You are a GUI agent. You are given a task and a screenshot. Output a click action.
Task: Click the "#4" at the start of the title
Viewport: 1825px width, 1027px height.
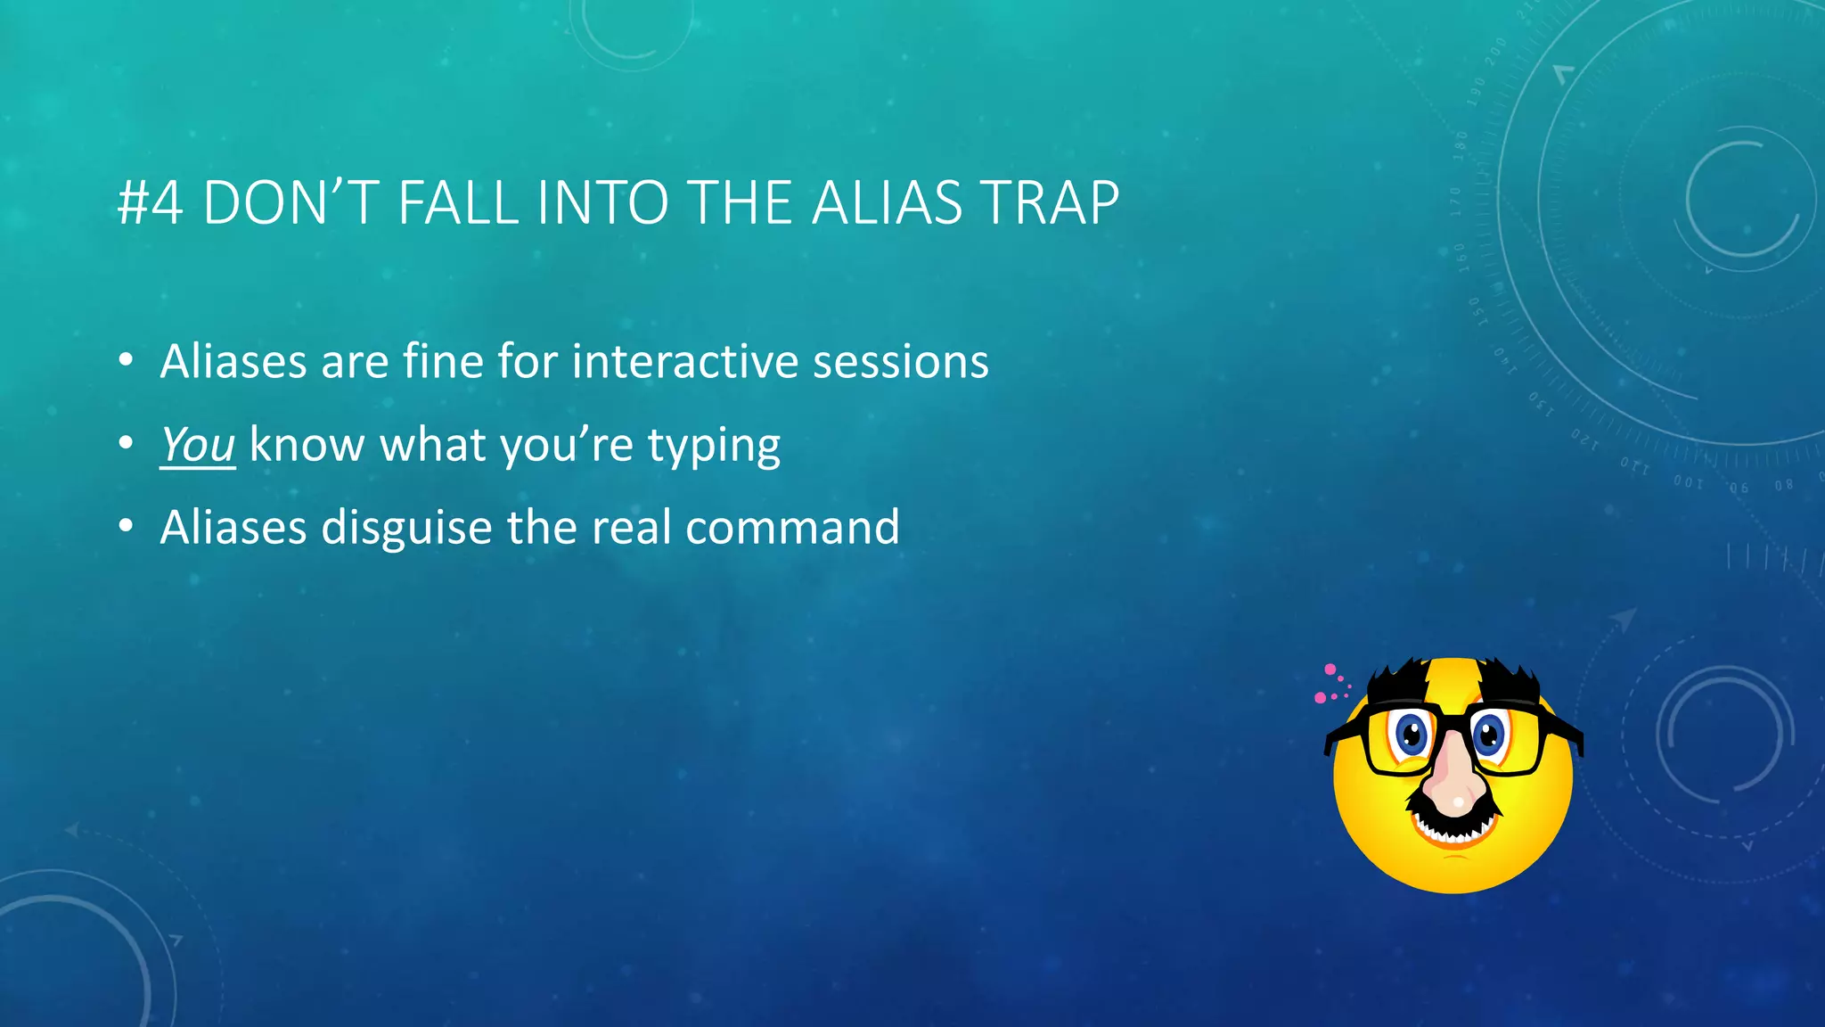coord(150,203)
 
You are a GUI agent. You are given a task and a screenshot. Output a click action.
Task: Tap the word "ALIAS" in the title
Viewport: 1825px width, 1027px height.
coord(887,203)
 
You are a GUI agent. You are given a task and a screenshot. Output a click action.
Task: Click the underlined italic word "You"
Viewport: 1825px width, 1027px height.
coord(198,444)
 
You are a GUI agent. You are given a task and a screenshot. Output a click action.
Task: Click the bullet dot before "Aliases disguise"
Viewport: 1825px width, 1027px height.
coord(127,527)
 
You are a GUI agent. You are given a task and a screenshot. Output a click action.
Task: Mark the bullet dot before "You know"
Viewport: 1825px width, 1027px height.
coord(127,443)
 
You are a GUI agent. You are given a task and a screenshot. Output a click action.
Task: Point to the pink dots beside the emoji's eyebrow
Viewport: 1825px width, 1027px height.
coord(1331,685)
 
